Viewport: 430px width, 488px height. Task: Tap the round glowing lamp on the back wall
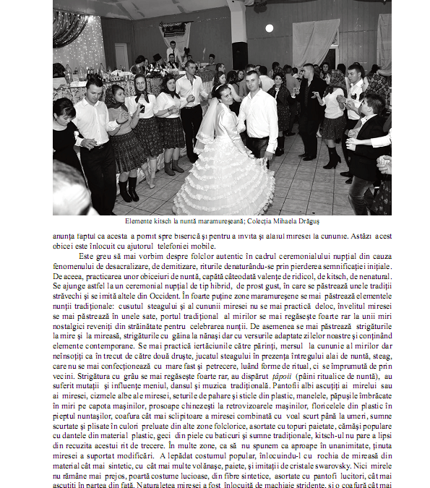coord(269,28)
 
